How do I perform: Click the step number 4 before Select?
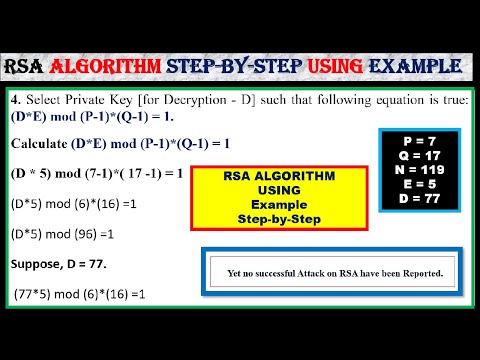click(x=16, y=101)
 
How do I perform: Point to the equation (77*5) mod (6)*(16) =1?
click(x=81, y=295)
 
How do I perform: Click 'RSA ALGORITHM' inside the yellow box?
click(x=261, y=175)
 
